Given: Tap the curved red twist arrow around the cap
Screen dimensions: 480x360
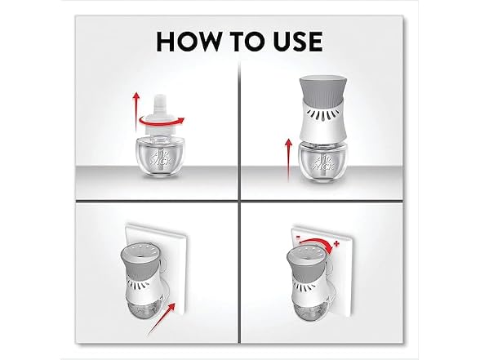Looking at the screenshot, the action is pyautogui.click(x=162, y=122).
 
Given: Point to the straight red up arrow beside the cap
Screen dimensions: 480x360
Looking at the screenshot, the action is pyautogui.click(x=136, y=113).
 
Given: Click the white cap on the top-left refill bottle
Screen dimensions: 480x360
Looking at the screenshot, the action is pyautogui.click(x=159, y=115).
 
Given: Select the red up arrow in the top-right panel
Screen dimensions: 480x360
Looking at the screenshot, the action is pyautogui.click(x=288, y=160).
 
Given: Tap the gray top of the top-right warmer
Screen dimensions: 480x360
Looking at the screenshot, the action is pyautogui.click(x=323, y=89).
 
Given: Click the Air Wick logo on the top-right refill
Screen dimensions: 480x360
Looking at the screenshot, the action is pyautogui.click(x=322, y=162).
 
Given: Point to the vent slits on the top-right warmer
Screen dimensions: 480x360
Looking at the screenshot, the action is pyautogui.click(x=324, y=115).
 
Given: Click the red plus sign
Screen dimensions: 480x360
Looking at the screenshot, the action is pyautogui.click(x=337, y=243).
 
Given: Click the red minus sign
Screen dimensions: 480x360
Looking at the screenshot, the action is pyautogui.click(x=297, y=238).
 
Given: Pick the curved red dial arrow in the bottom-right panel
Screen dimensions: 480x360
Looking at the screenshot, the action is pyautogui.click(x=316, y=242).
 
